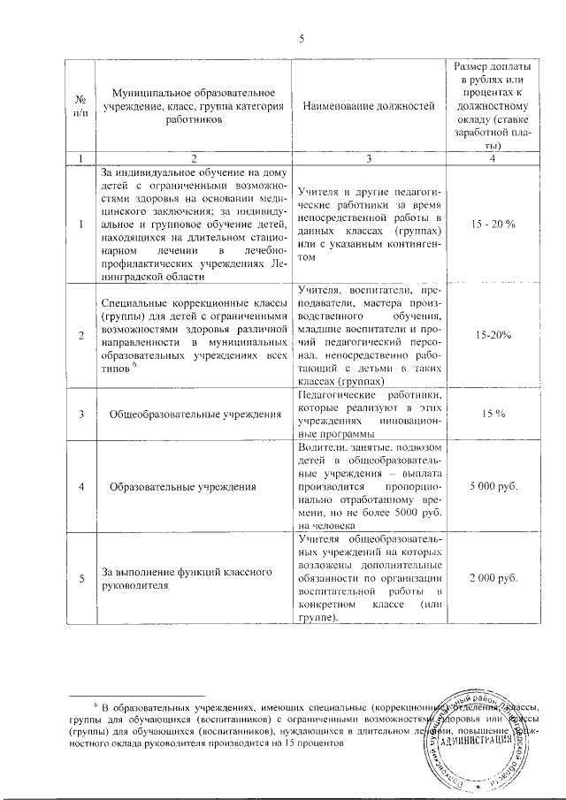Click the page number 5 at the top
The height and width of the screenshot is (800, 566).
[301, 38]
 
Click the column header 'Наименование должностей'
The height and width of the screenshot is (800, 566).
[369, 106]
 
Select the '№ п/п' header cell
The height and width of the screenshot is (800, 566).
[80, 106]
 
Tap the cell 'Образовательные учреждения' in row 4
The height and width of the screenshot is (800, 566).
[183, 486]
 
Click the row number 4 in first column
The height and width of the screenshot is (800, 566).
[80, 486]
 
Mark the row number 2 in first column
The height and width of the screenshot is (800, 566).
[80, 336]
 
